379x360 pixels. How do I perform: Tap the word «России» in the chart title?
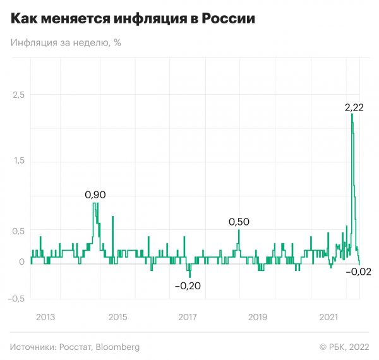pos(229,20)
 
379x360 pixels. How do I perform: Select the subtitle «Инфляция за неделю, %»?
pos(66,43)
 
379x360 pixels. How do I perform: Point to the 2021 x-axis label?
pos(328,316)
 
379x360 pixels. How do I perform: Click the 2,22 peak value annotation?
pos(354,108)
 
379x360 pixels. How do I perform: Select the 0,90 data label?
pos(95,195)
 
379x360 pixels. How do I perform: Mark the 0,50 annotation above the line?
pos(239,222)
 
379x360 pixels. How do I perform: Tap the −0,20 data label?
pos(188,285)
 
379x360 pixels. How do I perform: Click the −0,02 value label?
pos(358,272)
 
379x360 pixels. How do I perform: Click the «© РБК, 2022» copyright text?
pos(344,347)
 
